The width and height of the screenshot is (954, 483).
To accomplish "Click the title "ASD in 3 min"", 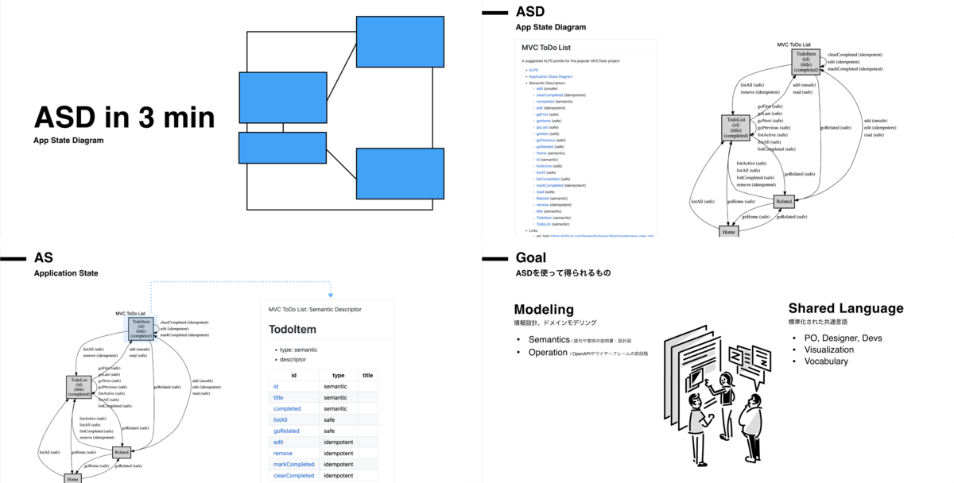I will [x=124, y=118].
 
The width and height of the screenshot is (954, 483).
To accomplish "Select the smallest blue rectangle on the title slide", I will [x=282, y=148].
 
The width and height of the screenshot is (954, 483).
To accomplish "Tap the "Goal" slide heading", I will [x=531, y=257].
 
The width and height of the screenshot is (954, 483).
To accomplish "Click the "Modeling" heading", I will [x=544, y=309].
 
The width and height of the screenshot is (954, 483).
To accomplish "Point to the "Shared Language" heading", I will [x=846, y=308].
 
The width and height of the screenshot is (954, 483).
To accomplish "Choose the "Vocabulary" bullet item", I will [x=825, y=361].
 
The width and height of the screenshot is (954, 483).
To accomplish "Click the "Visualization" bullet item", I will [x=829, y=350].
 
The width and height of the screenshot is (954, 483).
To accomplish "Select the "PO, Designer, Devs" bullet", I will [x=837, y=338].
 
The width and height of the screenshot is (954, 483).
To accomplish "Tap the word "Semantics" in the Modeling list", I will [x=549, y=340].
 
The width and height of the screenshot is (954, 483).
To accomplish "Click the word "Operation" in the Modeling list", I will [x=549, y=352].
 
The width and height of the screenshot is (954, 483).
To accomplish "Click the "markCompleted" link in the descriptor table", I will [x=293, y=464].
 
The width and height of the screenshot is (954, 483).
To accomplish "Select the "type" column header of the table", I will [x=338, y=375].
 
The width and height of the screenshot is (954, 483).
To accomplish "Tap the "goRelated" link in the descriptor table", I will [x=289, y=431].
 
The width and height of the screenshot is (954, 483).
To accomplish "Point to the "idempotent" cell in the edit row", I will [x=339, y=442].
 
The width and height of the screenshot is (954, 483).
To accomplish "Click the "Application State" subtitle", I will [x=66, y=273].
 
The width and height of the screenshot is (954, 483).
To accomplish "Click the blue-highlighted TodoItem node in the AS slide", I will [x=141, y=329].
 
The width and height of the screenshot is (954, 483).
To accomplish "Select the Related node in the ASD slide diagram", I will [x=784, y=203].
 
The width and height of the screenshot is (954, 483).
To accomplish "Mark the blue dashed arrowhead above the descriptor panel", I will [x=330, y=294].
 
